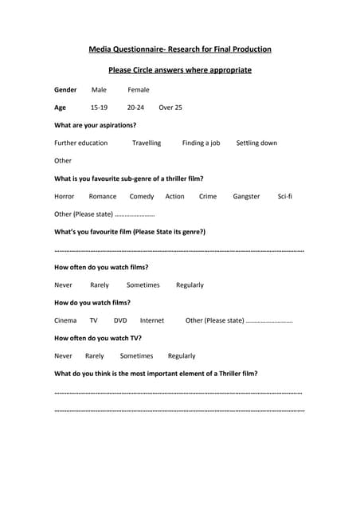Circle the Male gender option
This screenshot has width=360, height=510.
[x=99, y=90]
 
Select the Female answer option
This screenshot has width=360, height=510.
[x=139, y=90]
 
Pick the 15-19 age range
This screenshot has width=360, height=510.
[x=99, y=108]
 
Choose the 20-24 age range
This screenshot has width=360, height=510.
[x=135, y=108]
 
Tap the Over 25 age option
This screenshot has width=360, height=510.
[x=170, y=108]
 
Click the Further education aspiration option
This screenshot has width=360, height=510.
[x=80, y=143]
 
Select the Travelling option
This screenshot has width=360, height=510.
[x=147, y=143]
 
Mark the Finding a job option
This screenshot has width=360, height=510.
[x=201, y=143]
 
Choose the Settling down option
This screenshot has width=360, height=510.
[x=256, y=143]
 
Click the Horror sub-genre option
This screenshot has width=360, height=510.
[x=65, y=196]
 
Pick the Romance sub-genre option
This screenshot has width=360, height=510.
[x=103, y=196]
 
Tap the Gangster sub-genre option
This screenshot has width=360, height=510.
[x=246, y=196]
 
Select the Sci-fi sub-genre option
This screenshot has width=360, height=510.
[x=285, y=196]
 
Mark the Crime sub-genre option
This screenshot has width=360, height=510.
[x=208, y=196]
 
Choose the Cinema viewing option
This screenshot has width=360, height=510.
[x=65, y=320]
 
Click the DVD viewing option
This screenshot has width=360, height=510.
[x=120, y=320]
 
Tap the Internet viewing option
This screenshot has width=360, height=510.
[x=152, y=320]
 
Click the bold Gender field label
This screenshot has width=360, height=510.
[x=65, y=90]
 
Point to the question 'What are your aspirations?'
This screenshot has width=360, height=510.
[x=95, y=125]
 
